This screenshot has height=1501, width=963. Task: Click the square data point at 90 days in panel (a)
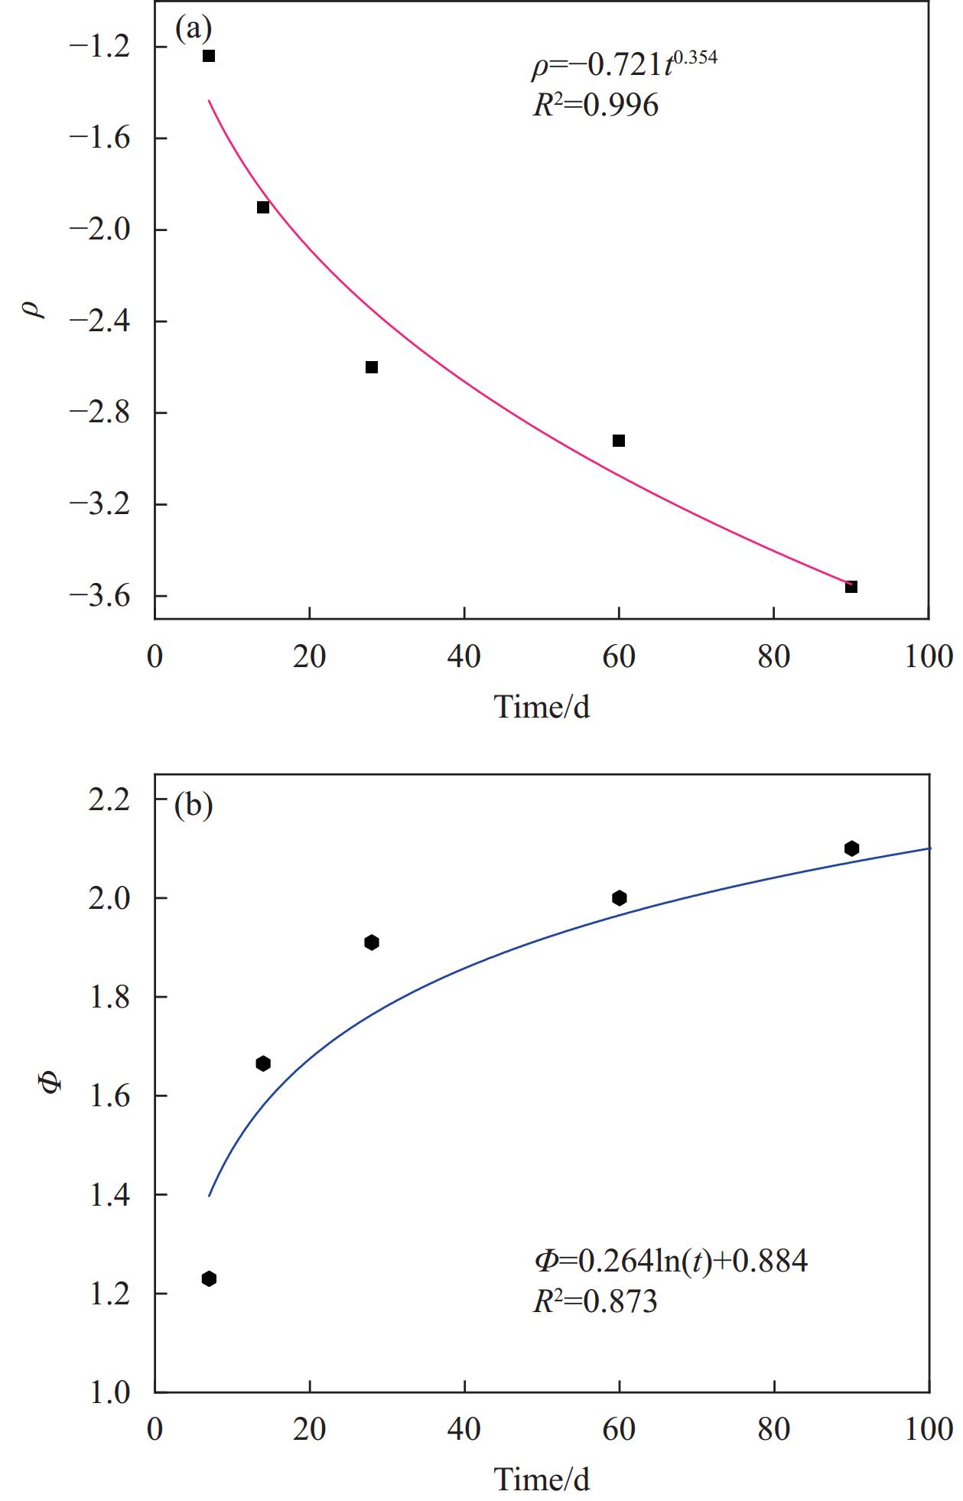(851, 587)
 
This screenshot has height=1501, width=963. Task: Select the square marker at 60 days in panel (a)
(619, 441)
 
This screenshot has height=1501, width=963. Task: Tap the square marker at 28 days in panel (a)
(372, 367)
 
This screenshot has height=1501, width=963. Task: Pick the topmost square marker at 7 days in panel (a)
(209, 56)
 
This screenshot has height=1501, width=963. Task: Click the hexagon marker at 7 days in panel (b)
(209, 1278)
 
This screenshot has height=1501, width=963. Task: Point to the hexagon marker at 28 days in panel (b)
(372, 943)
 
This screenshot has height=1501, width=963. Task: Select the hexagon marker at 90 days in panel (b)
(851, 848)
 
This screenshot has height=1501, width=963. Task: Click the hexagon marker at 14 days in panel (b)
(263, 1063)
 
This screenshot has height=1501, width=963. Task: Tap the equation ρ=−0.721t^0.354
(624, 64)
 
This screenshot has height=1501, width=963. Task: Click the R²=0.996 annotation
(595, 106)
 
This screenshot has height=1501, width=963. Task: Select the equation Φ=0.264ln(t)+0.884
(670, 1260)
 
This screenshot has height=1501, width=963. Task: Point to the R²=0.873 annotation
(595, 1301)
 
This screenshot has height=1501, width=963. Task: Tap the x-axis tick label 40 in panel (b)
(464, 1428)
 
